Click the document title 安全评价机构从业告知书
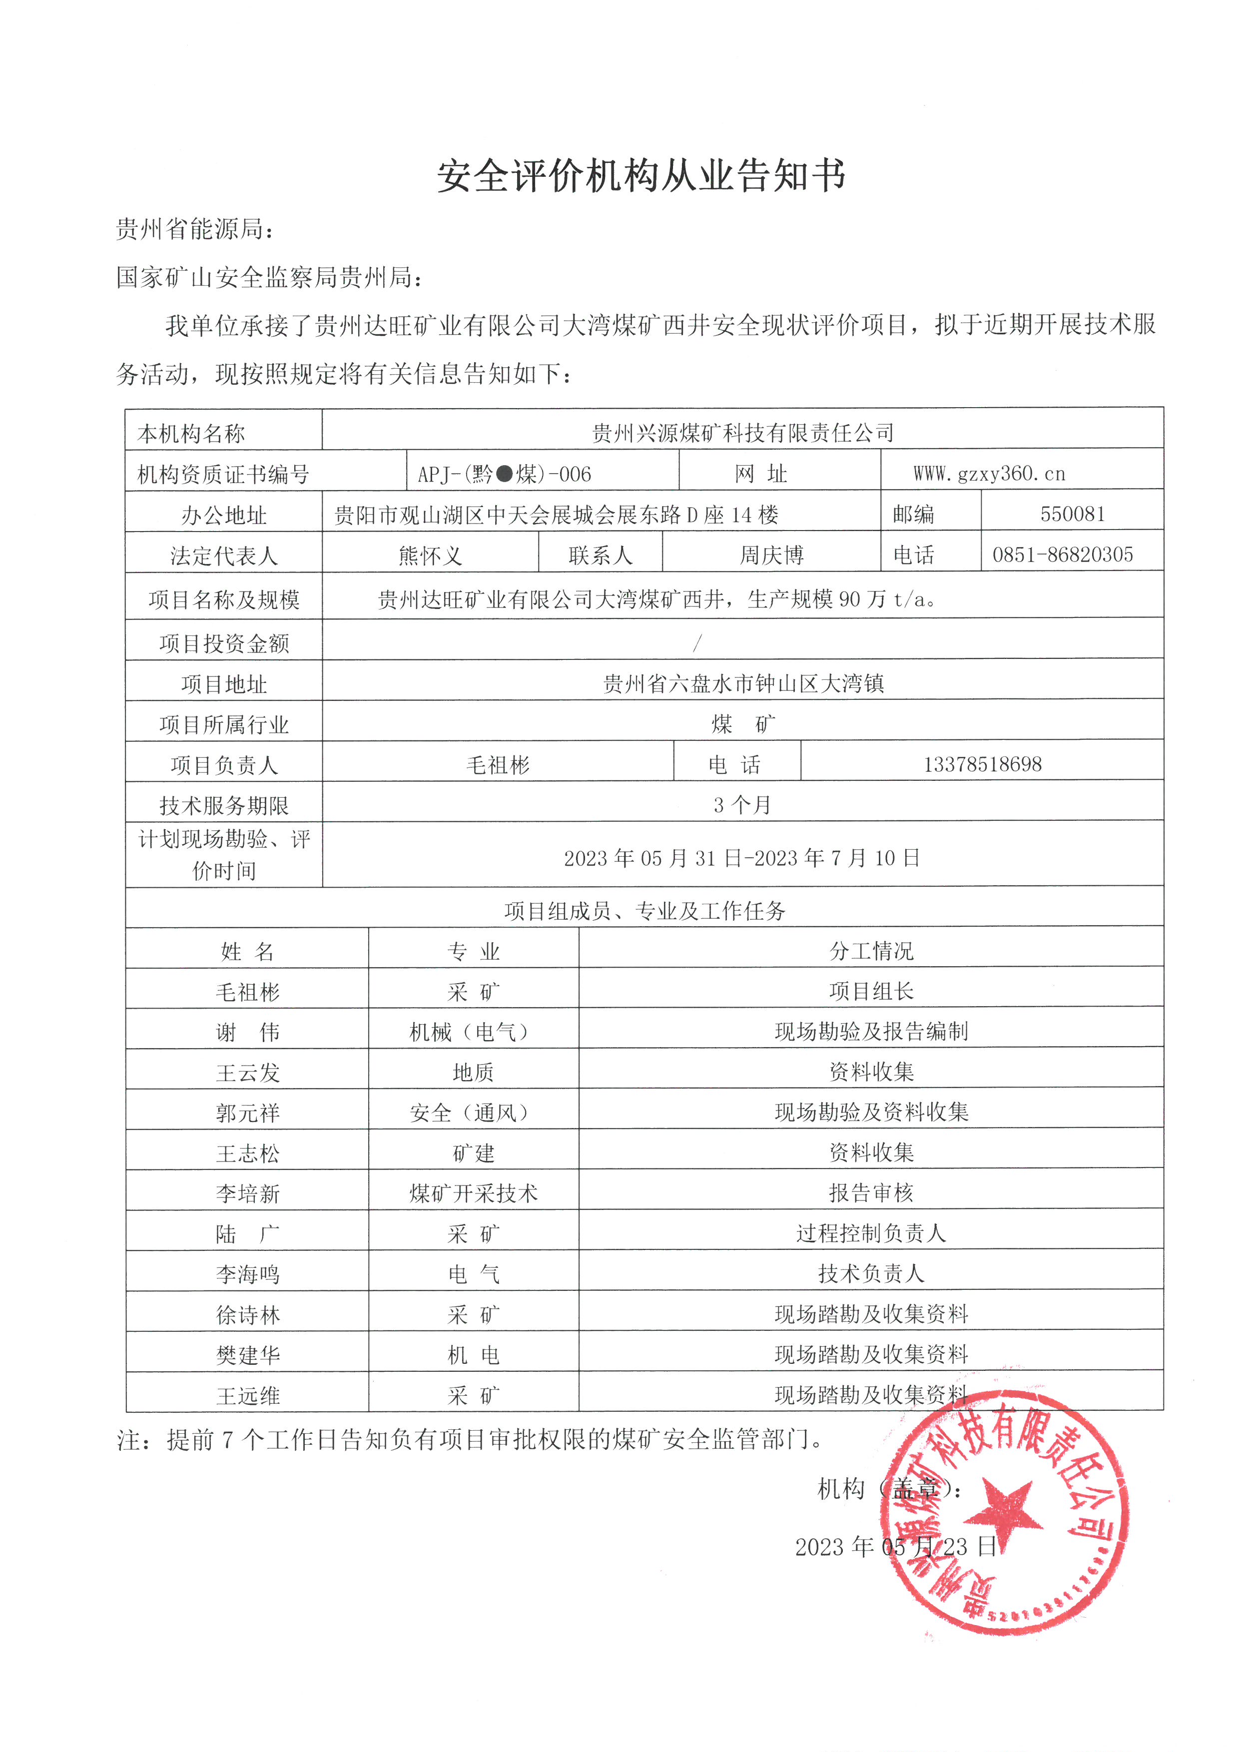click(641, 177)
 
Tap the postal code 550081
click(1072, 514)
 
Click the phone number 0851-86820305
click(1062, 555)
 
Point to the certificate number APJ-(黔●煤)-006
click(504, 474)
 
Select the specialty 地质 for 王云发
click(473, 1072)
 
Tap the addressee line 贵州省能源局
click(194, 228)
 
